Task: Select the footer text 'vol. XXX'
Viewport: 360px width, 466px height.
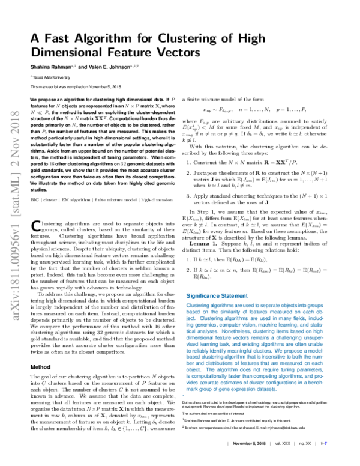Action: (x=280, y=459)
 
